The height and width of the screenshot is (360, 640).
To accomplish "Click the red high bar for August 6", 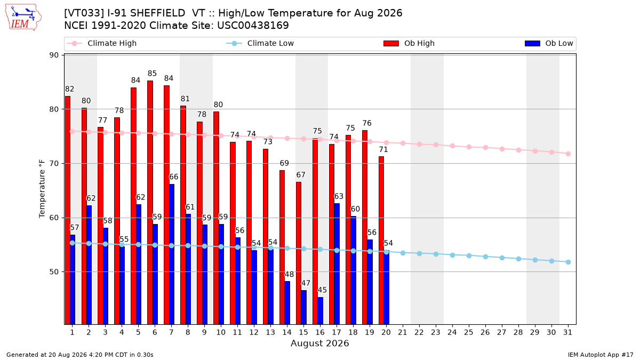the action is pyautogui.click(x=150, y=203).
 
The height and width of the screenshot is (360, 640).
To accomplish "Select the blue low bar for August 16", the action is pyautogui.click(x=321, y=311).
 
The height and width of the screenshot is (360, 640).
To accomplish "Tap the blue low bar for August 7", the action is pyautogui.click(x=172, y=254).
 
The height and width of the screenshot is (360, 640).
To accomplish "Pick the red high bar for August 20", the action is pyautogui.click(x=381, y=241).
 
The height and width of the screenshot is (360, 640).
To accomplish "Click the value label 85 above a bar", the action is pyautogui.click(x=152, y=74).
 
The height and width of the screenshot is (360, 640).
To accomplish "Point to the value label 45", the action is pyautogui.click(x=322, y=290).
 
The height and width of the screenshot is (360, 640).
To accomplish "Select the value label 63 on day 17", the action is pyautogui.click(x=339, y=196).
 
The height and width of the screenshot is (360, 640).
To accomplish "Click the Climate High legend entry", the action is pyautogui.click(x=102, y=43).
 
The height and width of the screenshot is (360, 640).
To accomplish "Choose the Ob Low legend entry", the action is pyautogui.click(x=549, y=43).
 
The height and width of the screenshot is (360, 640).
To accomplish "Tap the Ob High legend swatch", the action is pyautogui.click(x=391, y=43).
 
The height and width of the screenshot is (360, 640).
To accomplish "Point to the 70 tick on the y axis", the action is pyautogui.click(x=54, y=163).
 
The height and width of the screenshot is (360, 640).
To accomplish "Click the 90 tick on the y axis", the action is pyautogui.click(x=54, y=55).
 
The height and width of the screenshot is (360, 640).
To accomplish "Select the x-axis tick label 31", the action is pyautogui.click(x=567, y=332).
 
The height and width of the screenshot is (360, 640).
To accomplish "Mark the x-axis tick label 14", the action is pyautogui.click(x=287, y=332).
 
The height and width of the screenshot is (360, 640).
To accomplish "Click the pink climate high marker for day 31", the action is pyautogui.click(x=569, y=154).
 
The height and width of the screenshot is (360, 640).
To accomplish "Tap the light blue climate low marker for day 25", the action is pyautogui.click(x=469, y=255).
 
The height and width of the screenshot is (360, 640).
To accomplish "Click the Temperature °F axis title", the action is pyautogui.click(x=42, y=189).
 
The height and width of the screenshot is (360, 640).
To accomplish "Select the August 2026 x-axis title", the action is pyautogui.click(x=319, y=343).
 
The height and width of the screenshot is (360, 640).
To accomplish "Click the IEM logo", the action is pyautogui.click(x=23, y=18).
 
